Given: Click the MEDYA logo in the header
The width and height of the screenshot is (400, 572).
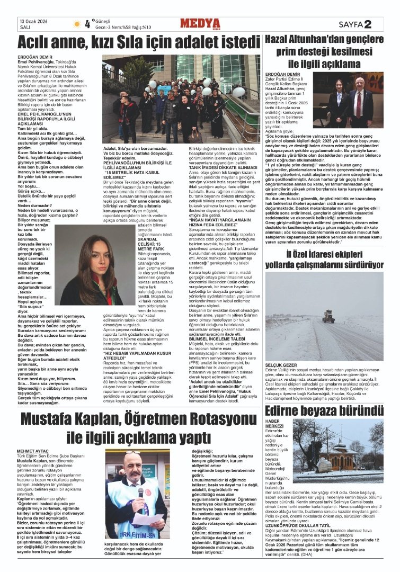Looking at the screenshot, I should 200,23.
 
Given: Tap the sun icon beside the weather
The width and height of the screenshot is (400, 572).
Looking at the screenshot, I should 77,23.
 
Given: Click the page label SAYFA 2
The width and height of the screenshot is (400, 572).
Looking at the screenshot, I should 354,24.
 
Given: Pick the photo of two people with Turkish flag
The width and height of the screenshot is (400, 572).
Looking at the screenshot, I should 352,100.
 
